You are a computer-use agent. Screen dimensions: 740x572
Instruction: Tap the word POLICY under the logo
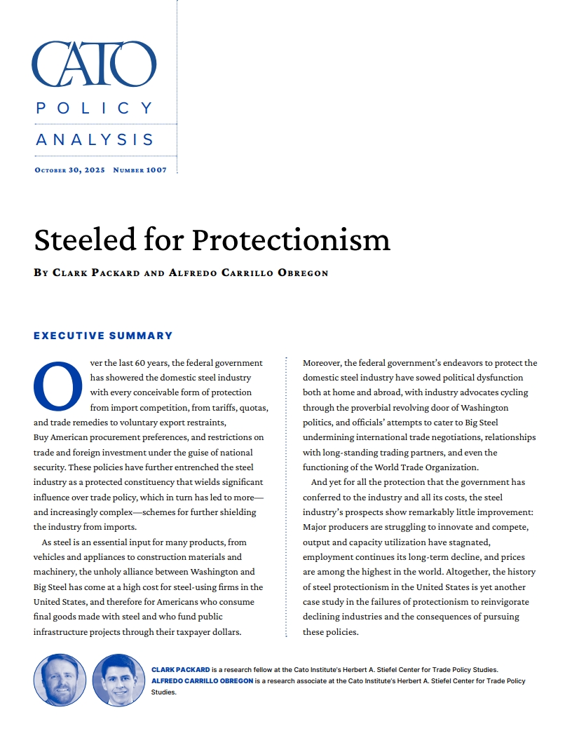[x=95, y=108]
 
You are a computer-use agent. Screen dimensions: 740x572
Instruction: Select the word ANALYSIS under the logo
[x=95, y=139]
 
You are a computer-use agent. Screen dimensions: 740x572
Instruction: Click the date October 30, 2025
[x=69, y=170]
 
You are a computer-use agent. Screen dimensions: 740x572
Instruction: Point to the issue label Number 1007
[x=139, y=170]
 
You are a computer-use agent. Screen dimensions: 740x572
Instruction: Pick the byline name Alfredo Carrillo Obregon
[x=248, y=273]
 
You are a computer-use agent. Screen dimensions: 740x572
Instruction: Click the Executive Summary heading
[x=103, y=336]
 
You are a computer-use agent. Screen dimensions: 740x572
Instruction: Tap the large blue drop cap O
[x=57, y=385]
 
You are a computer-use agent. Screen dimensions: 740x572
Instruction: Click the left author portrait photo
[x=60, y=680]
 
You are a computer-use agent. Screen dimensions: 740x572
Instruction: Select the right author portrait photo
[x=118, y=680]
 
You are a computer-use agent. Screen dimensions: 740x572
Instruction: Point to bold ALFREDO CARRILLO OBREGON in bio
[x=203, y=681]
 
